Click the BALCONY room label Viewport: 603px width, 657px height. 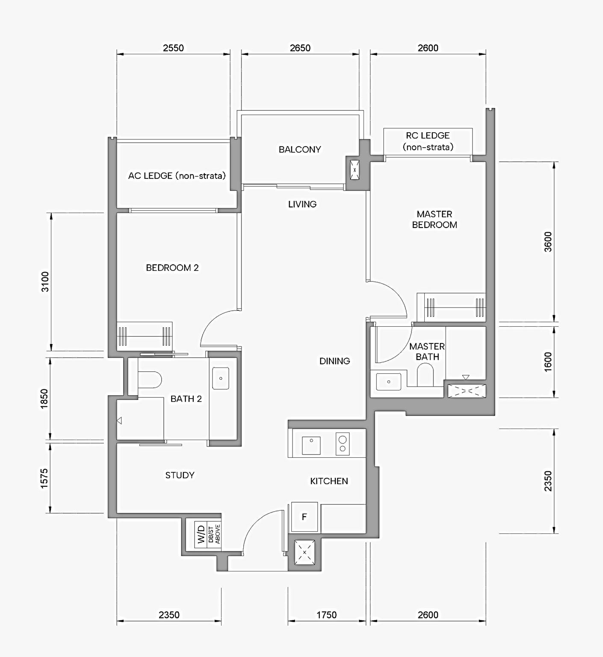click(x=299, y=149)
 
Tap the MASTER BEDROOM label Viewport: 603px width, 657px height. click(x=434, y=219)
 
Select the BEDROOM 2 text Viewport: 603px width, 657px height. click(x=172, y=268)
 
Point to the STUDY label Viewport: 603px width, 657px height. click(x=180, y=475)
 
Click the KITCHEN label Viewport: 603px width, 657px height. click(x=329, y=481)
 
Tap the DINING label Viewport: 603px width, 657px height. click(x=334, y=361)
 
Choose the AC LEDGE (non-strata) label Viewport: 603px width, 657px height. click(x=177, y=176)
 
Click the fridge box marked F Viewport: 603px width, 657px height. click(x=304, y=517)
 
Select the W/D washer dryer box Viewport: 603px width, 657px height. click(x=201, y=534)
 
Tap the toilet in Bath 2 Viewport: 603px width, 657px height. click(x=150, y=379)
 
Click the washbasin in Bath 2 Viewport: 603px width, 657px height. click(x=221, y=378)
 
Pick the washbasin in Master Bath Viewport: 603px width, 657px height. click(x=388, y=382)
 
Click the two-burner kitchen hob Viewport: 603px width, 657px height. click(x=343, y=444)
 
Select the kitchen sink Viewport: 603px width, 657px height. click(x=311, y=445)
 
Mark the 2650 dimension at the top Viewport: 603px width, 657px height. click(x=300, y=48)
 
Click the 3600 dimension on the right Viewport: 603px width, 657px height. click(x=548, y=242)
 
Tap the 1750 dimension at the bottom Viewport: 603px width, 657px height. click(x=326, y=615)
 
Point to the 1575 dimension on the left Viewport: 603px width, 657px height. click(x=44, y=478)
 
